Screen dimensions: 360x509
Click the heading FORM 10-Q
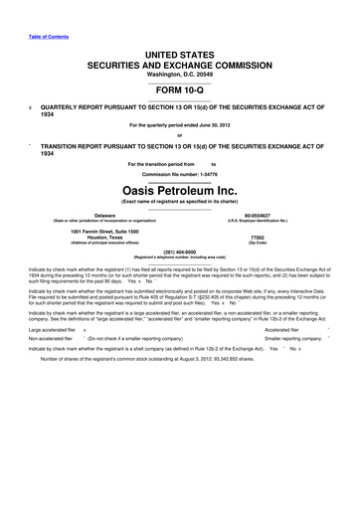(179, 85)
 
